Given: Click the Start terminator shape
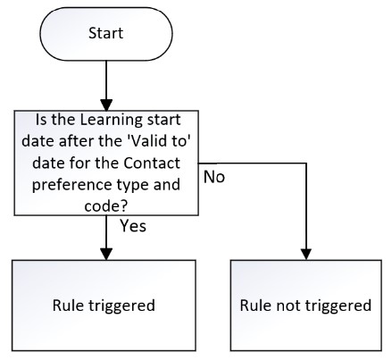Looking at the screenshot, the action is [x=106, y=34].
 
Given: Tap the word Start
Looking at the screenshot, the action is [x=106, y=33].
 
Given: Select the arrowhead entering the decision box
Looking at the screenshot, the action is [x=106, y=105].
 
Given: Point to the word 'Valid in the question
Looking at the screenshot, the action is [x=146, y=140].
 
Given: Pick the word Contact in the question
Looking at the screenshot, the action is [x=152, y=163].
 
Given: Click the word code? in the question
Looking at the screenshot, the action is [x=105, y=206].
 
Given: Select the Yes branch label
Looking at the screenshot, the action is [x=133, y=226].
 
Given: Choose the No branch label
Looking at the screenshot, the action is [x=214, y=177].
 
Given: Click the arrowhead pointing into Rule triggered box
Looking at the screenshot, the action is [x=106, y=254].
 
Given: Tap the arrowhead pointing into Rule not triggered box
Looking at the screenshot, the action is [x=306, y=254].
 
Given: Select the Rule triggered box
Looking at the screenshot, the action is [x=104, y=306].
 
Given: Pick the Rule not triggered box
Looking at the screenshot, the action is [x=306, y=306].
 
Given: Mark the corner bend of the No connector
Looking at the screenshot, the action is [x=306, y=163].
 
